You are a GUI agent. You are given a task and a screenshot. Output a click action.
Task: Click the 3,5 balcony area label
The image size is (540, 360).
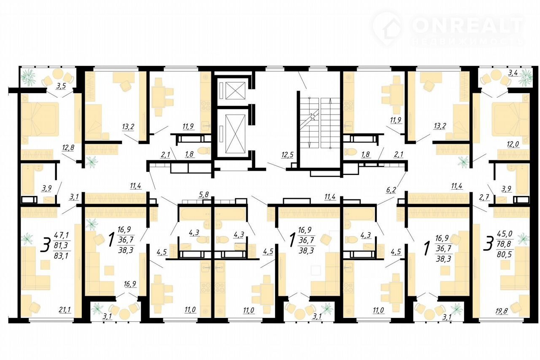[x=61, y=86]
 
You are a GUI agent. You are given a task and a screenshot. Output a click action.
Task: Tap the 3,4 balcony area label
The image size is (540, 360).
[x=513, y=73]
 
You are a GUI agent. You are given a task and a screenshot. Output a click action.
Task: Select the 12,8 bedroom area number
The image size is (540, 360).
[x=68, y=148]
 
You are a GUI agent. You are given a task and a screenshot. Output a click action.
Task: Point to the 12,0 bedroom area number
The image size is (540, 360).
[x=513, y=144]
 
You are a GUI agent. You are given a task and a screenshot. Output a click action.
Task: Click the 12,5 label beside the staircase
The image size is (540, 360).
[x=287, y=155]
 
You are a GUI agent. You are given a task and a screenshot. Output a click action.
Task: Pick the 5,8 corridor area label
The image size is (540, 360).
[x=203, y=194]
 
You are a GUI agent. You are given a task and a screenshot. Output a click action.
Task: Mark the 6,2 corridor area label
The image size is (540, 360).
[x=391, y=190]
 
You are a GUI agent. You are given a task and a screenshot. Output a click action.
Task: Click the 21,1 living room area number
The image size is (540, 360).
[x=65, y=309]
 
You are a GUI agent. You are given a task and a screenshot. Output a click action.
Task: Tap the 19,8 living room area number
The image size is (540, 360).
[x=502, y=311]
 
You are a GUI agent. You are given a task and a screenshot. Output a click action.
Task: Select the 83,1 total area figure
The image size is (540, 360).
[x=61, y=255]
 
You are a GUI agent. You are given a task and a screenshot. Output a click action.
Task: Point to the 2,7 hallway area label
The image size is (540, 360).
[x=484, y=198]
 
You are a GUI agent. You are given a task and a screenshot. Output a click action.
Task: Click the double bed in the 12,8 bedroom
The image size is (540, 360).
[x=40, y=123]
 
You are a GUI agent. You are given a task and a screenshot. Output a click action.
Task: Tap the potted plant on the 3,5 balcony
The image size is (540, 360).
[x=28, y=77]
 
